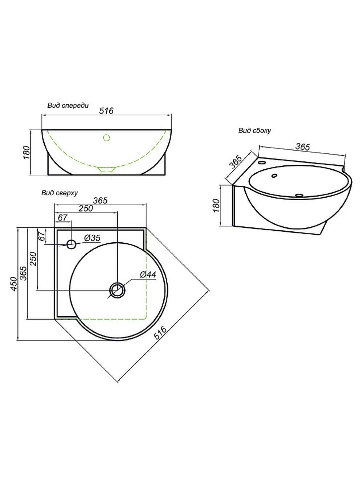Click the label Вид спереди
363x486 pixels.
(x=68, y=106)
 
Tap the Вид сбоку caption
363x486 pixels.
(x=254, y=131)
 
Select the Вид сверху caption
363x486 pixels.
(x=60, y=193)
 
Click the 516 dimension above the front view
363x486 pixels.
(x=106, y=111)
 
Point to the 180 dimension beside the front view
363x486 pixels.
(x=26, y=152)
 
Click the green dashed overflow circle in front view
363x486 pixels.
(x=107, y=138)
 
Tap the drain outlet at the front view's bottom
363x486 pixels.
(x=107, y=171)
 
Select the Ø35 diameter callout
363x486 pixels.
(x=92, y=238)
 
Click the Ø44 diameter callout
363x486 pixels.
(x=148, y=275)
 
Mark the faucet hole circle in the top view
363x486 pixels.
(x=72, y=244)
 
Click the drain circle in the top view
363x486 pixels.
(x=117, y=290)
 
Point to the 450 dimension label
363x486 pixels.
(x=14, y=284)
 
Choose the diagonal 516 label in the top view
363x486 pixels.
(x=160, y=333)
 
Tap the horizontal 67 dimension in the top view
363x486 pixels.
(x=62, y=218)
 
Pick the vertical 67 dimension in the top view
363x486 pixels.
(x=42, y=236)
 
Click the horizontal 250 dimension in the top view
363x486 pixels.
(x=86, y=208)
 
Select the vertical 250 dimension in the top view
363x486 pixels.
(x=33, y=259)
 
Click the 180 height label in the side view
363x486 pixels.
(x=216, y=206)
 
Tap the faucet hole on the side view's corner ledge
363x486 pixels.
(x=262, y=162)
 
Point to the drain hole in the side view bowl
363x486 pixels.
(x=299, y=195)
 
